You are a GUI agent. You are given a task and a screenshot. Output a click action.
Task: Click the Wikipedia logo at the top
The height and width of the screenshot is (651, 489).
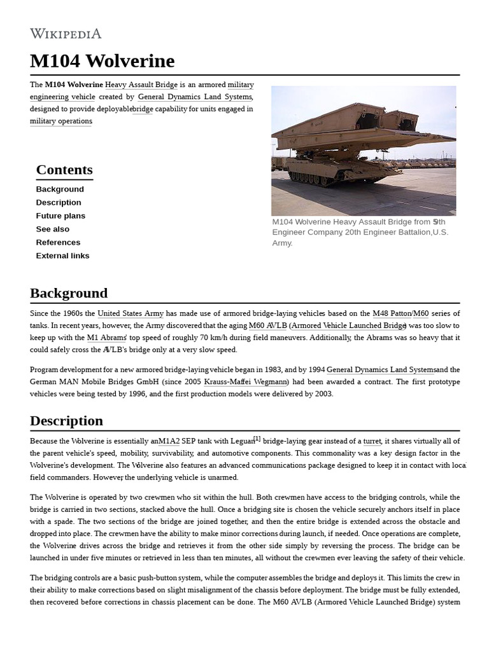66,34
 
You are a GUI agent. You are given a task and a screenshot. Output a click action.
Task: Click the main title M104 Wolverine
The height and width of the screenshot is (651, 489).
102,61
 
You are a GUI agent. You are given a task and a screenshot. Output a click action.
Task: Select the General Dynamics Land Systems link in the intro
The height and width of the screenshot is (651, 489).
195,97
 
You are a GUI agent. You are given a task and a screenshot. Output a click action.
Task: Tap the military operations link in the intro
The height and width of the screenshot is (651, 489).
61,121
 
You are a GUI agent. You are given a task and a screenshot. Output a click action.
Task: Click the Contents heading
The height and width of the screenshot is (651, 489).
64,170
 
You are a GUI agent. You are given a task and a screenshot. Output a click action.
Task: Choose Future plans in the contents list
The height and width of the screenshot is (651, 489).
60,216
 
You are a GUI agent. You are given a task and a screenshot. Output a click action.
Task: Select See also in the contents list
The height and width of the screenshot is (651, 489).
53,229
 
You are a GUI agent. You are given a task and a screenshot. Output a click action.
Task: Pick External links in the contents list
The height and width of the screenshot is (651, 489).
62,256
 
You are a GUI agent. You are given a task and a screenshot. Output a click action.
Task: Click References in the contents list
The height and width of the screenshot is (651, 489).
58,242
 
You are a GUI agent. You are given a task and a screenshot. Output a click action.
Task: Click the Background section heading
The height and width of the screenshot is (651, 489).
69,293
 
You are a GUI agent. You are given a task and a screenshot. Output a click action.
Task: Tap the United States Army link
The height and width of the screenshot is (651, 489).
131,313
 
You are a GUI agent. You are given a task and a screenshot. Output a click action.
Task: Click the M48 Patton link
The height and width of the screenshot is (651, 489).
392,313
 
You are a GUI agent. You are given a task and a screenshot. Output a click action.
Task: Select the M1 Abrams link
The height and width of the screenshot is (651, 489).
106,338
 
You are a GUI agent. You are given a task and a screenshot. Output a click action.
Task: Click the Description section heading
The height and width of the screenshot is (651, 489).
66,421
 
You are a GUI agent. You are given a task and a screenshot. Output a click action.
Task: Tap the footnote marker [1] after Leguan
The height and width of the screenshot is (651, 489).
257,439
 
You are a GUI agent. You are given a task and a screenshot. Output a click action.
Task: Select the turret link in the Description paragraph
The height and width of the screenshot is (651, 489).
372,441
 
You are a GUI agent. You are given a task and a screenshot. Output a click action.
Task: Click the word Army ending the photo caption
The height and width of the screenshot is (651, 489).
282,243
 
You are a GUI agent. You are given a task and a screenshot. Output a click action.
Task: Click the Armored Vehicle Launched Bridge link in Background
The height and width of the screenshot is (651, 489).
349,325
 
